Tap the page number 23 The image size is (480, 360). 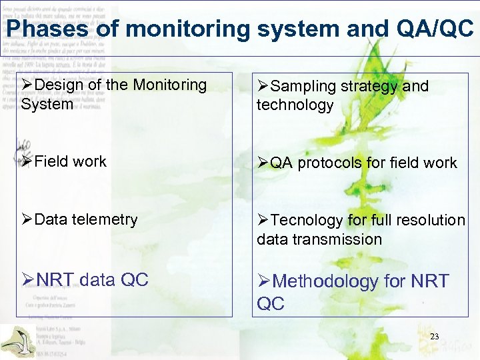[435, 337]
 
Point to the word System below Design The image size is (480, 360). [47, 105]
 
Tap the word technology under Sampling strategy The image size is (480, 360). [295, 105]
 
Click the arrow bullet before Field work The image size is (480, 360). [27, 161]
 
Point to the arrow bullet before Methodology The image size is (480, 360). [264, 281]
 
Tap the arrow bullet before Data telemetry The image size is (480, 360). [27, 219]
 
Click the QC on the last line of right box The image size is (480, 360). [271, 303]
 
